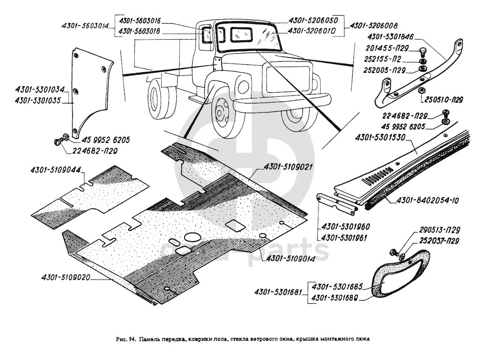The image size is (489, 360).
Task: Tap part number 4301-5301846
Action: click(x=392, y=36)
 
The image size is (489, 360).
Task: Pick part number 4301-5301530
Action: click(x=380, y=137)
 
